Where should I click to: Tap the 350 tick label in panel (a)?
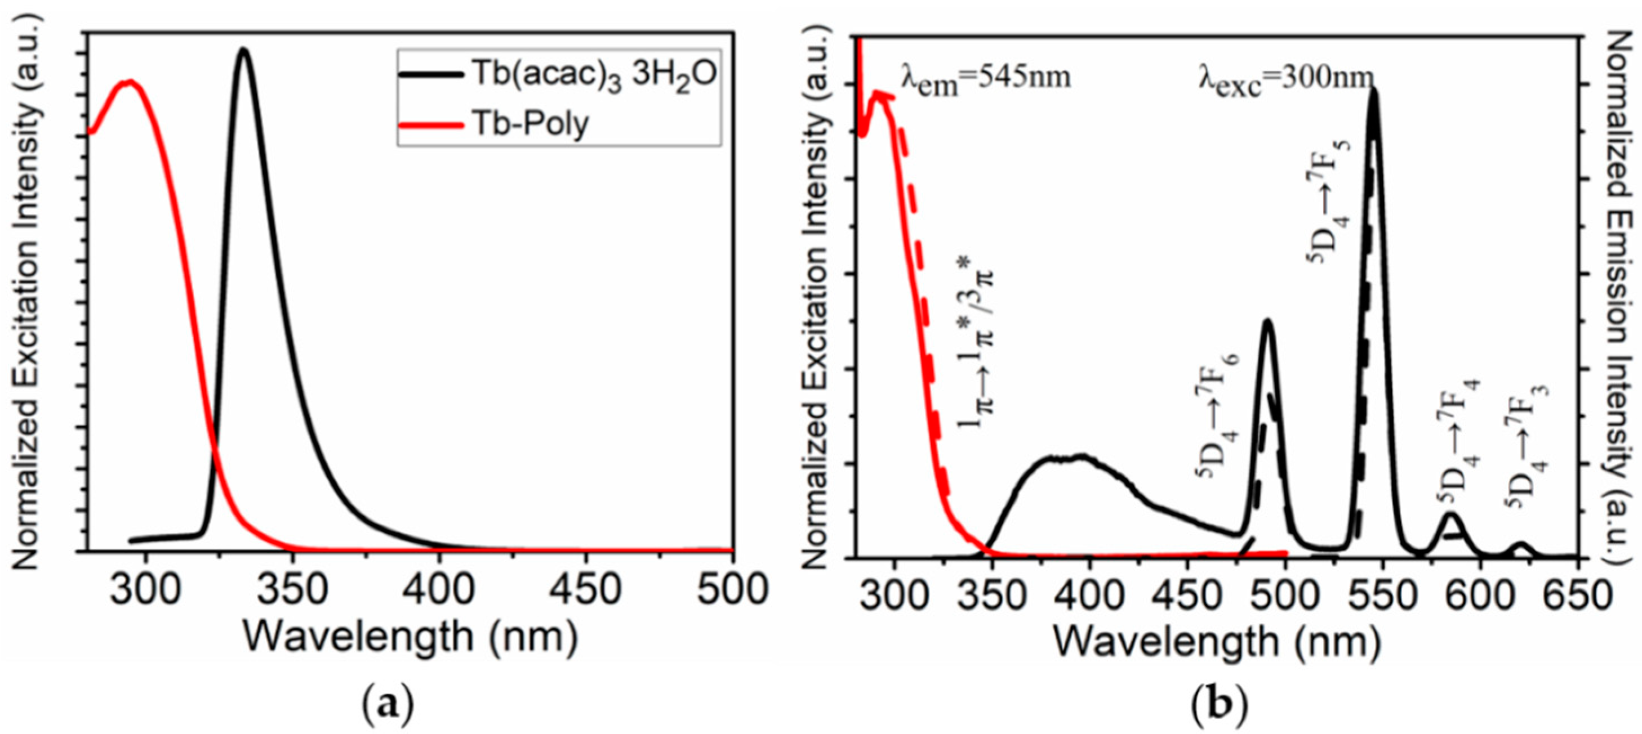coord(292,589)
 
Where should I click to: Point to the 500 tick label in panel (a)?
coord(732,589)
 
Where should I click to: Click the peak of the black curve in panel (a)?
coord(243,50)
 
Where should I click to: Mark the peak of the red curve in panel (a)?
coord(130,82)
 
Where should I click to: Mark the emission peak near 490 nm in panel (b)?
coord(1267,320)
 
